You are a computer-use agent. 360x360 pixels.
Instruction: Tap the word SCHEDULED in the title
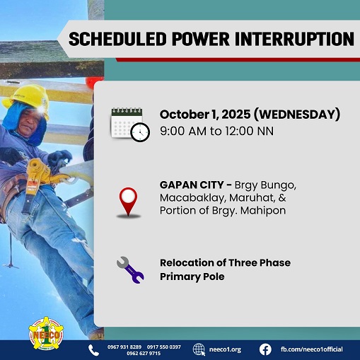point(115,38)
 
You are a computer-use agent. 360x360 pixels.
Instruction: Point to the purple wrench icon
point(129,269)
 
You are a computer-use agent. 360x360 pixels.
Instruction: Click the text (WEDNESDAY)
point(296,115)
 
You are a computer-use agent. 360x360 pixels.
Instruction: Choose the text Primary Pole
point(192,276)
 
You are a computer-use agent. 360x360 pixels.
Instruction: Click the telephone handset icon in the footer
point(93,349)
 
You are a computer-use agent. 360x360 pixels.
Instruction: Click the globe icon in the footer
point(199,349)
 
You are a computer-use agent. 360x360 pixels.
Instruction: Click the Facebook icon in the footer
point(265,349)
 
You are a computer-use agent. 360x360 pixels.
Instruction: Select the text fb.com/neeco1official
point(315,349)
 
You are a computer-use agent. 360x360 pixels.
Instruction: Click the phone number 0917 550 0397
point(163,347)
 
